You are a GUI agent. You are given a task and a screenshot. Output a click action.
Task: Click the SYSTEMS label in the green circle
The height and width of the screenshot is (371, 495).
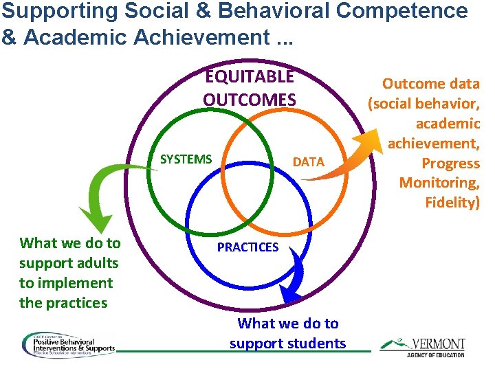coord(186,159)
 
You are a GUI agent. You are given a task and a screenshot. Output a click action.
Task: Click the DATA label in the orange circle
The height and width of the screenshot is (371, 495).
coord(308,162)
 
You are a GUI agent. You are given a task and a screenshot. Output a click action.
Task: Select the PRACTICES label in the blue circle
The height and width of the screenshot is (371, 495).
coord(247,247)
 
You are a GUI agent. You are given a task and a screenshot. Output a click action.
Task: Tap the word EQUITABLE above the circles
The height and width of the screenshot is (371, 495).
coord(249,76)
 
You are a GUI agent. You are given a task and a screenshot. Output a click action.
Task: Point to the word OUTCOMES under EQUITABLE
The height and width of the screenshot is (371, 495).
coord(249,100)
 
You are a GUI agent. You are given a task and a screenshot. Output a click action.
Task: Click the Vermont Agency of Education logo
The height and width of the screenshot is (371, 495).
coord(422,346)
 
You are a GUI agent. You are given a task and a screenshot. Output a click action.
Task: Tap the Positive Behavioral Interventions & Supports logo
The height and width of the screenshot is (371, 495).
coord(68,345)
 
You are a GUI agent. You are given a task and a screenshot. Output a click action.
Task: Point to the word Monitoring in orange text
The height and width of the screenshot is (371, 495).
coord(439,183)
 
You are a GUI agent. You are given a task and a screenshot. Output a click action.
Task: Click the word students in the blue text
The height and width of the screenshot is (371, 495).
coord(318,344)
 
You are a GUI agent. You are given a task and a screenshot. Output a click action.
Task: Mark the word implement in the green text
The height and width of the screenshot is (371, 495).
coord(76,283)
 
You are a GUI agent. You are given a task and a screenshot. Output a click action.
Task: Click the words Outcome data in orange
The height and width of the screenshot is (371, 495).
coord(431,84)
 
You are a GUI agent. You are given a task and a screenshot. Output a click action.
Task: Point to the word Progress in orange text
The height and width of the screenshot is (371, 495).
coord(450,163)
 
